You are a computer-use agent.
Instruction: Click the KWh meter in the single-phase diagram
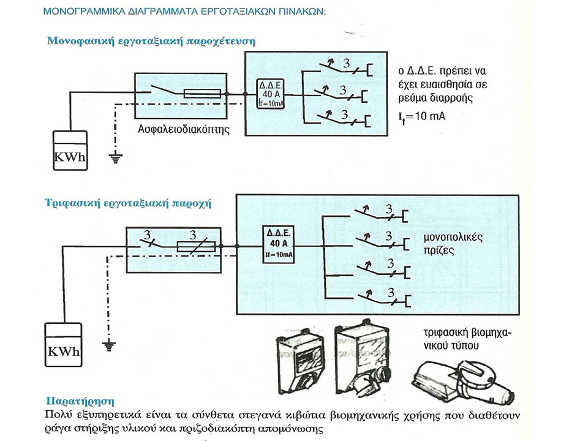click(70, 151)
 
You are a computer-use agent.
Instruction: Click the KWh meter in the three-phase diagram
click(63, 345)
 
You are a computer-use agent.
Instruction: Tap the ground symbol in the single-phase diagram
click(116, 159)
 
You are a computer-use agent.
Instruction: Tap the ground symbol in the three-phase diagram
click(109, 347)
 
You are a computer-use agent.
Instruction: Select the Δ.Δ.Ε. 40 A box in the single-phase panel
click(270, 94)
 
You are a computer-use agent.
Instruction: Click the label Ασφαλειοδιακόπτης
click(184, 129)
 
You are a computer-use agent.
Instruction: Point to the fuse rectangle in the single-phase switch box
click(203, 94)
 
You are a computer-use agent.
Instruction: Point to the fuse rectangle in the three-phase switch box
click(196, 246)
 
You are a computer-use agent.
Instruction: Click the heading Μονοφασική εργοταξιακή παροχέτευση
click(151, 41)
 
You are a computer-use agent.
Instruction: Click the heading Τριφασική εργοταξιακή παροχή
click(128, 203)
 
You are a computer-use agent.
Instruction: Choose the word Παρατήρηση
click(80, 401)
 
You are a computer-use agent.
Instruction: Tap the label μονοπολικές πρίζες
click(453, 244)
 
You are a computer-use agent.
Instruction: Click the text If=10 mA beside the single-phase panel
click(422, 116)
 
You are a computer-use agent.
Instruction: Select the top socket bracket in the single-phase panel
click(369, 70)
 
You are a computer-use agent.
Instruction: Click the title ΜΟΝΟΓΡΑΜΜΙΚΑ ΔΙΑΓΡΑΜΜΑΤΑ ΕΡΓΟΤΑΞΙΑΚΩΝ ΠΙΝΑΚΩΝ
click(184, 11)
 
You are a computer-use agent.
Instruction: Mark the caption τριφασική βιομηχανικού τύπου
click(467, 339)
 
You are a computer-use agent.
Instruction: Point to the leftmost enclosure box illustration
click(300, 362)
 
